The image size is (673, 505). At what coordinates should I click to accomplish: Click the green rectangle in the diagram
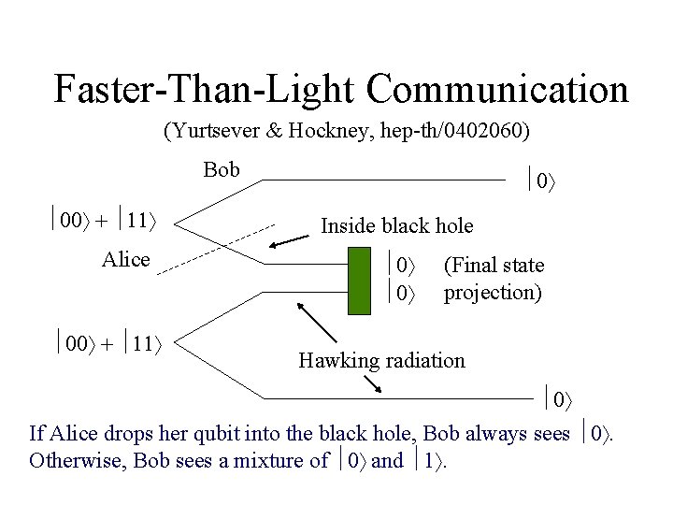[360, 280]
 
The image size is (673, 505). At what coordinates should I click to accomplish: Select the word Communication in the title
[497, 89]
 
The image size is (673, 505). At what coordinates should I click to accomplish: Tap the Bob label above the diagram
[222, 169]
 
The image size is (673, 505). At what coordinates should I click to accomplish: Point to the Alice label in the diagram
[125, 259]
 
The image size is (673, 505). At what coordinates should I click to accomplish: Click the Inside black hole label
[396, 225]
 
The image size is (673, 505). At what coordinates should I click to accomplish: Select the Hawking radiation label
[381, 360]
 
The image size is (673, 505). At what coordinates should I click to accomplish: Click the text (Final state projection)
[494, 279]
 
